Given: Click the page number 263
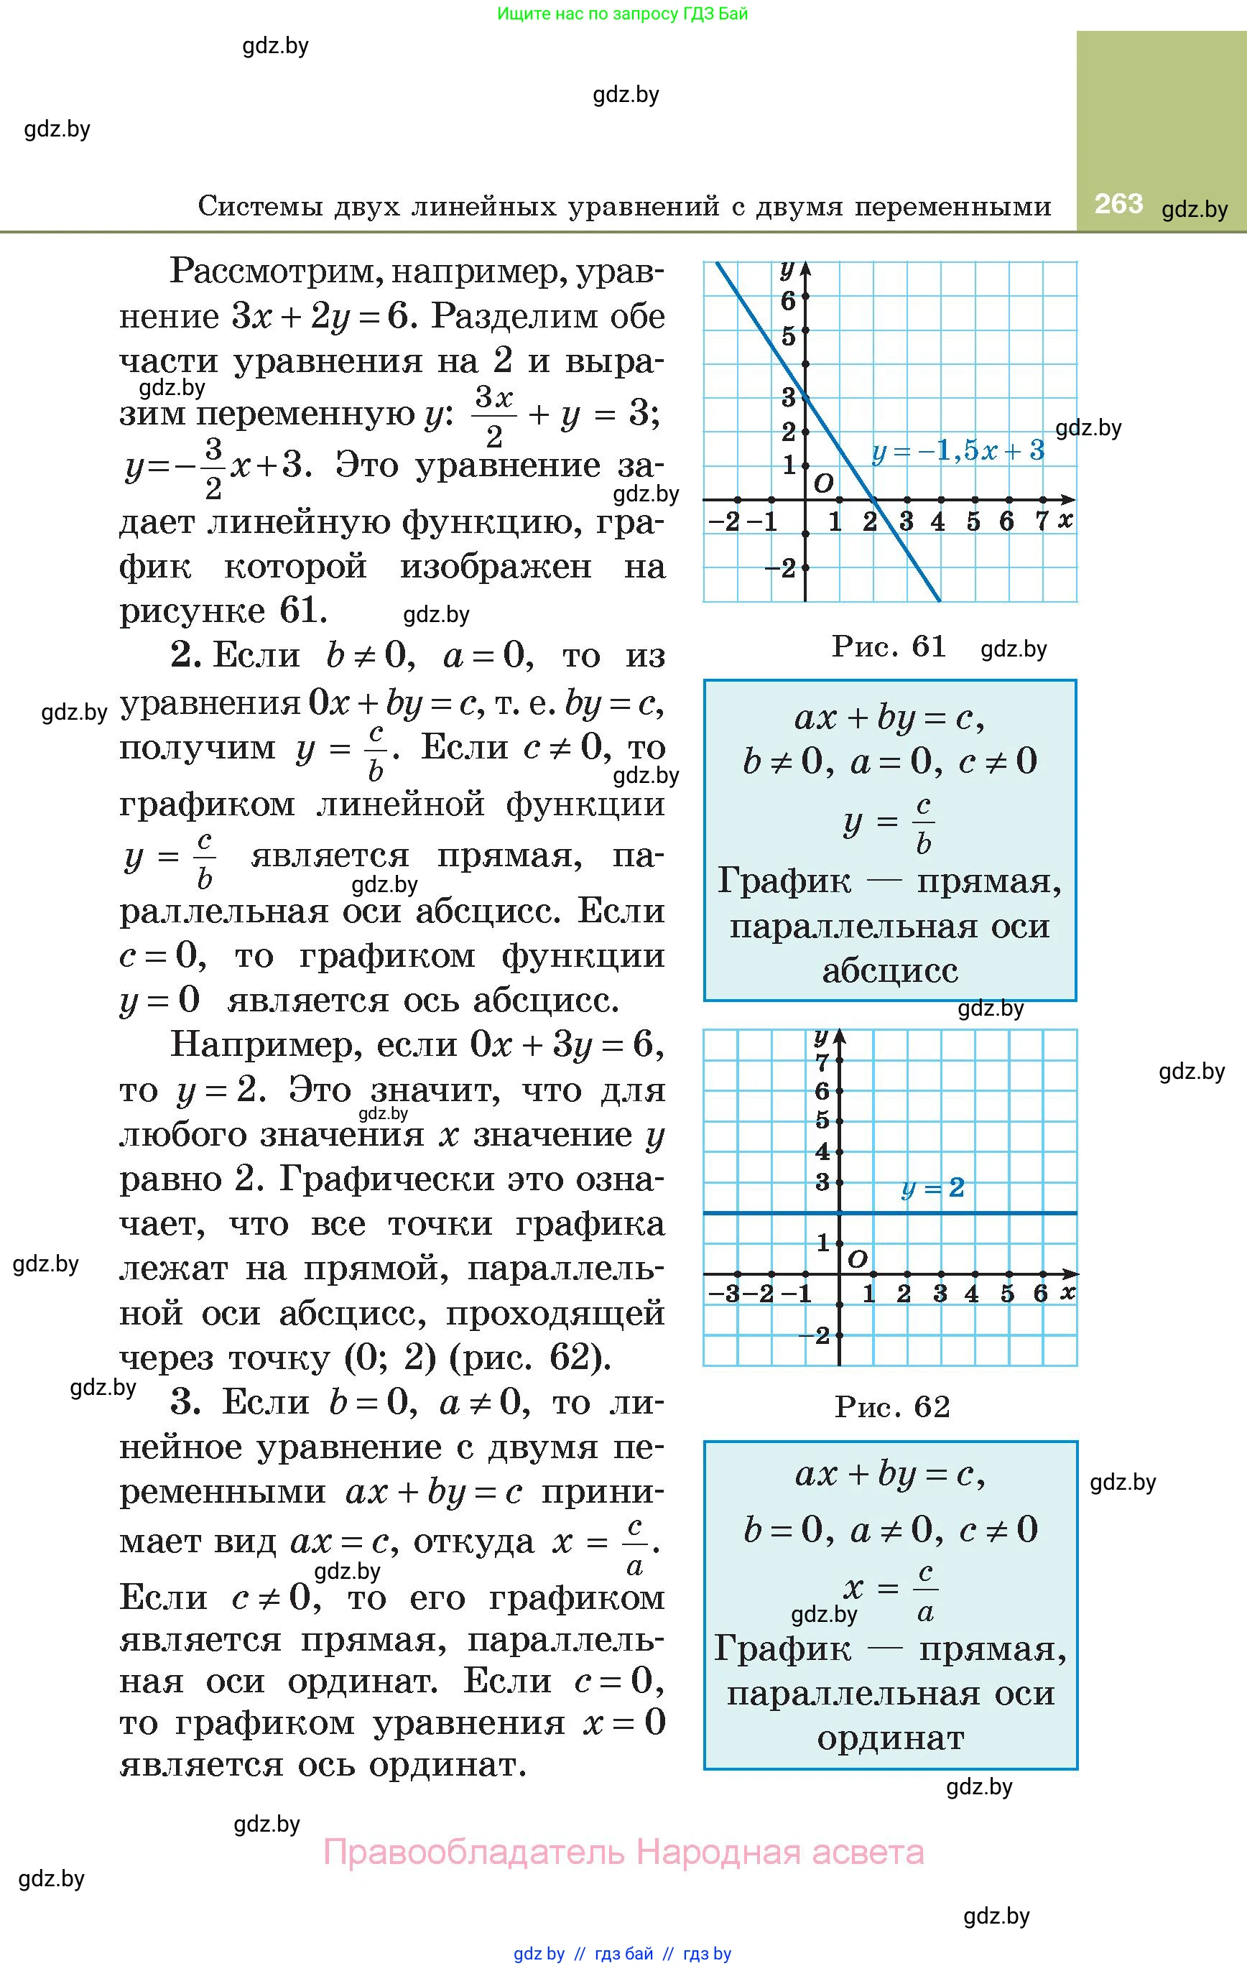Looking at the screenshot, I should click(1118, 203).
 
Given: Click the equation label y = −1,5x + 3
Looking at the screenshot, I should click(958, 451).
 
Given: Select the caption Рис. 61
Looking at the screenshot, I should click(889, 646).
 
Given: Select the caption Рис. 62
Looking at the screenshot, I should click(892, 1407).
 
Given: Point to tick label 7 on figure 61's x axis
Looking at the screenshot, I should click(1042, 521).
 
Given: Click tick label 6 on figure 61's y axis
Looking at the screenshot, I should click(788, 301).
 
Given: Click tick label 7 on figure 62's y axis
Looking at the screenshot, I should click(822, 1062).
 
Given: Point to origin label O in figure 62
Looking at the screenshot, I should click(857, 1258).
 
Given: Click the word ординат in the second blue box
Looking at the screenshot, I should click(890, 1738).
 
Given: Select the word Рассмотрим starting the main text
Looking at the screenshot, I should click(274, 271).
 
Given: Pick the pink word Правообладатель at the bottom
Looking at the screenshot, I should click(474, 1852).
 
